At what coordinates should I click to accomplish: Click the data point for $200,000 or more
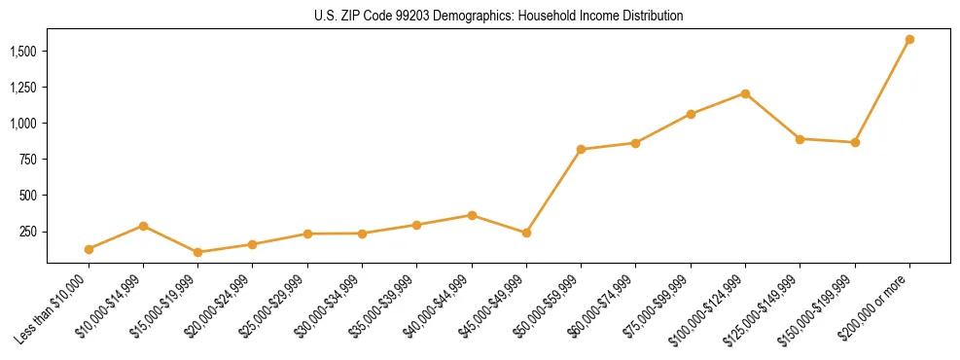909,40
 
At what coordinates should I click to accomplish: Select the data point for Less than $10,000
89,249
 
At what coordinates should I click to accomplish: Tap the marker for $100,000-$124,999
745,93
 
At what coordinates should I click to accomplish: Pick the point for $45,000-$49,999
526,234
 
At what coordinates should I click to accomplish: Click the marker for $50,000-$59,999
581,150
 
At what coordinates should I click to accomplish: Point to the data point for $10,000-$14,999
143,226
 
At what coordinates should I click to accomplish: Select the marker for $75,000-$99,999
691,114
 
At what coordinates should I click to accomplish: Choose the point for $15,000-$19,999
197,252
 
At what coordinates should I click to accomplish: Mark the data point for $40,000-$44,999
472,215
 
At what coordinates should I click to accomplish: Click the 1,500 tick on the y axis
24,51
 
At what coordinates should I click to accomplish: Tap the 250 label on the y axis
30,232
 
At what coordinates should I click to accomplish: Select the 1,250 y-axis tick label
24,88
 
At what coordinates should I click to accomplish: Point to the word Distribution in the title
653,17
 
